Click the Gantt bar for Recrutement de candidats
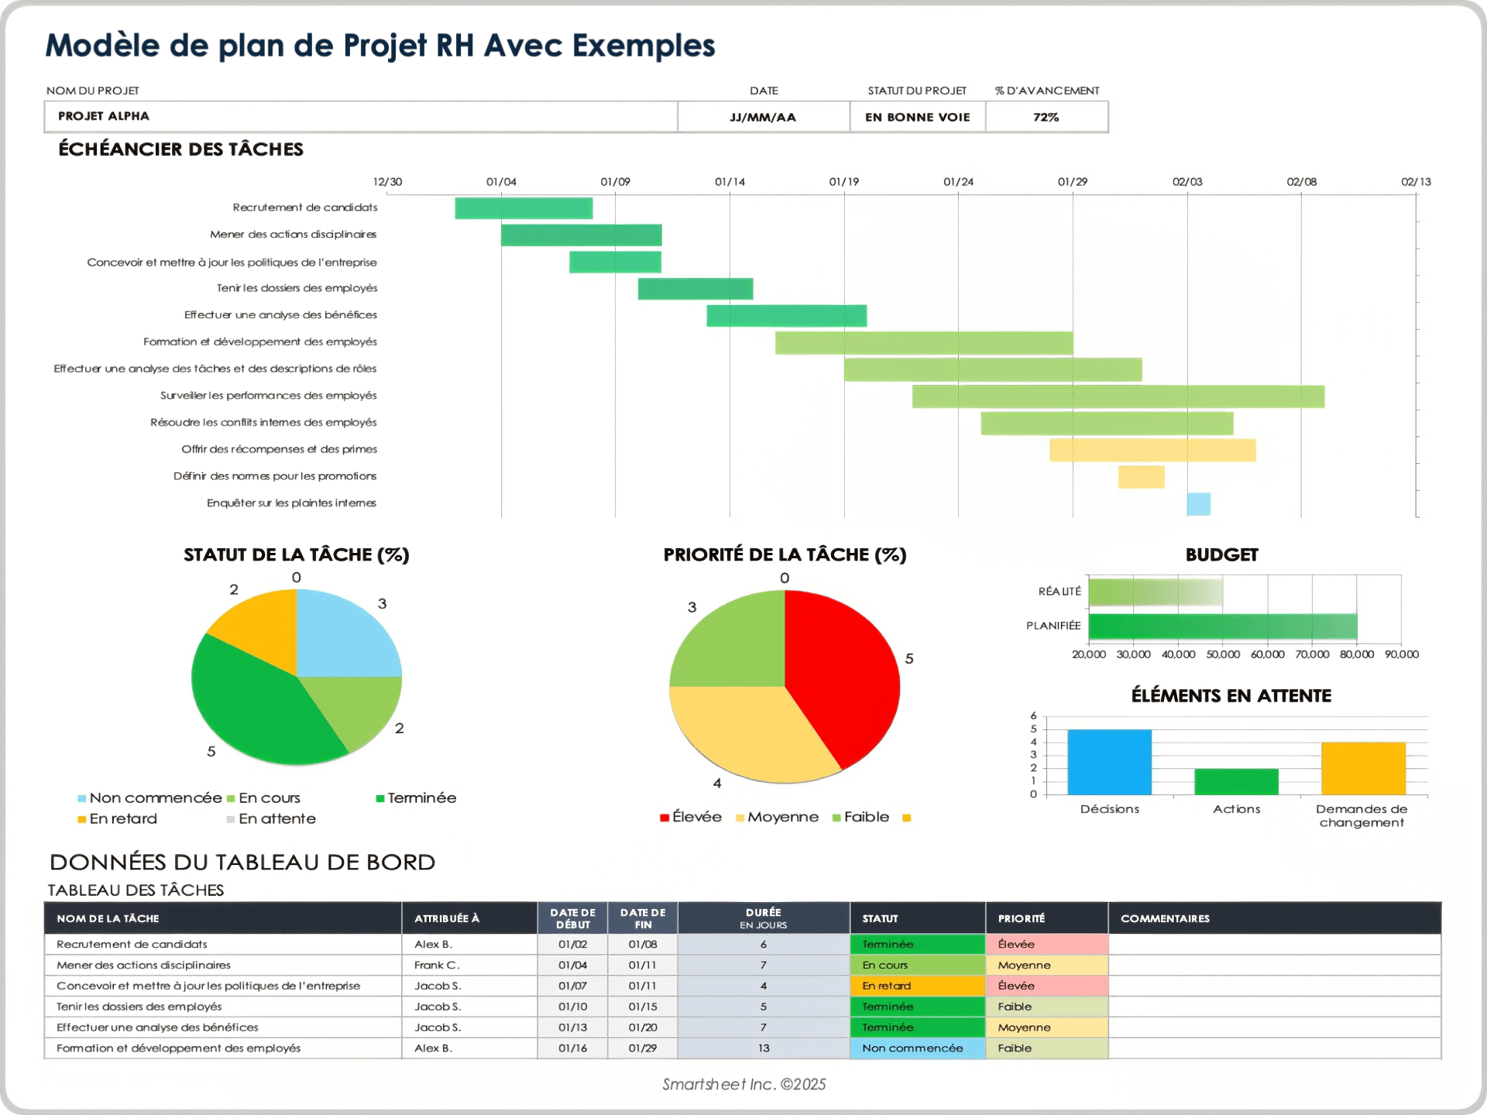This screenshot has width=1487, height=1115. [x=524, y=208]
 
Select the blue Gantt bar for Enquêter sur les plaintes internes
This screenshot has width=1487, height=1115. [x=1198, y=504]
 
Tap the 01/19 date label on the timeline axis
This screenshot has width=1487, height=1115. [x=843, y=182]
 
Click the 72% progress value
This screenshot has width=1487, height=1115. [x=1046, y=117]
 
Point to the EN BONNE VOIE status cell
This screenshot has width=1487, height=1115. [x=917, y=117]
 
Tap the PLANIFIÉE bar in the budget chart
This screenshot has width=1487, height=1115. [x=1222, y=626]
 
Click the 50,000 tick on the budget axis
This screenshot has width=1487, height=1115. [x=1223, y=655]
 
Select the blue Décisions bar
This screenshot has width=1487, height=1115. [x=1109, y=762]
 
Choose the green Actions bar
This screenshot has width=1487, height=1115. [x=1236, y=781]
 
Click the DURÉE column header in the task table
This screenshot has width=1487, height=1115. [x=763, y=918]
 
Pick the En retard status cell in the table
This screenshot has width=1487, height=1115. [x=917, y=986]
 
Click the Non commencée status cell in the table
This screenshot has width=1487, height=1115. [x=917, y=1048]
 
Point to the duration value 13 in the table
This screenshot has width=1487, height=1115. [x=764, y=1048]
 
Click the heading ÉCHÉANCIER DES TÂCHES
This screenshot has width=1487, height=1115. [x=180, y=149]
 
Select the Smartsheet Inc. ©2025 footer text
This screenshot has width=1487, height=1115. [x=743, y=1085]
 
